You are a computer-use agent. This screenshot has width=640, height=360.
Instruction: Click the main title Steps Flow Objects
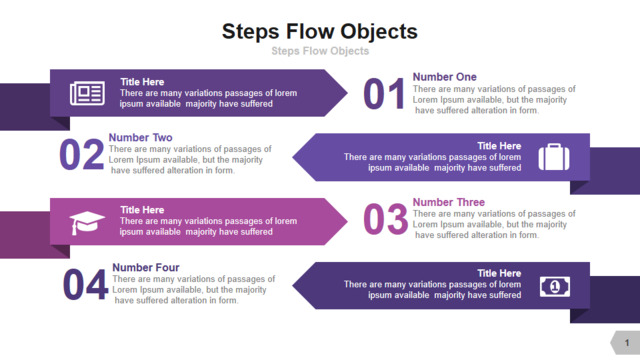(320, 32)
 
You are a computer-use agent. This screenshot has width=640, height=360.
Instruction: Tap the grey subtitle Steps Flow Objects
(320, 51)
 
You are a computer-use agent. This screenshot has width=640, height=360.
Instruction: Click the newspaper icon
(87, 93)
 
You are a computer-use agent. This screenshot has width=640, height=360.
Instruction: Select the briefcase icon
(554, 157)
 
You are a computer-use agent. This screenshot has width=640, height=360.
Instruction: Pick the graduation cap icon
(87, 222)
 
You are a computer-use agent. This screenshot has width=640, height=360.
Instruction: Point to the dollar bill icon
(555, 287)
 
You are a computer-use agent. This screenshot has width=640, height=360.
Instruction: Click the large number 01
(384, 94)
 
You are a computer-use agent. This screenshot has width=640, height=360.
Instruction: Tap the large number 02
(81, 154)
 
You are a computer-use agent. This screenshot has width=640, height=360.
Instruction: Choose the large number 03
(385, 220)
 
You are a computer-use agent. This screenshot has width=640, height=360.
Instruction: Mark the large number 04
(85, 284)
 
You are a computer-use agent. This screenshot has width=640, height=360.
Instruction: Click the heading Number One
(444, 77)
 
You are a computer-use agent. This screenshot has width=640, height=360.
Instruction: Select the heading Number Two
(140, 138)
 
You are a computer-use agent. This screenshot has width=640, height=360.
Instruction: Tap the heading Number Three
(449, 202)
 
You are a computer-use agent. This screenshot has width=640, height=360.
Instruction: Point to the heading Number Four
(146, 267)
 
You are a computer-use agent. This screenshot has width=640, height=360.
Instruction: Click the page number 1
(627, 343)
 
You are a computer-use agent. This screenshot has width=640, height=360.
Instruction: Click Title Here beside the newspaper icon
(142, 82)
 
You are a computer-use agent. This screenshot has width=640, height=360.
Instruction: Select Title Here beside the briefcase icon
(499, 146)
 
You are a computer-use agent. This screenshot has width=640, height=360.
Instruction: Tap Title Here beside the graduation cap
(142, 210)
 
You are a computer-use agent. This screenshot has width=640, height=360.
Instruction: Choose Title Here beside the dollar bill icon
(499, 273)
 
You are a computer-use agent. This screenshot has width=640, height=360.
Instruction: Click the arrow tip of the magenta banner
(347, 222)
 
